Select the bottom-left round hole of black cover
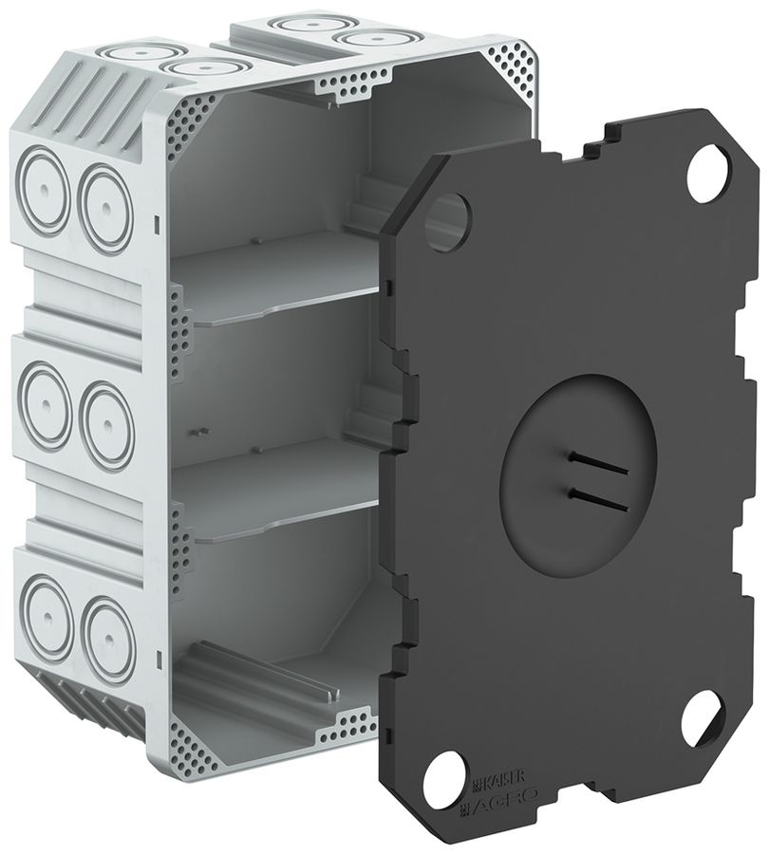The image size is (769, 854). coord(449,767)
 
